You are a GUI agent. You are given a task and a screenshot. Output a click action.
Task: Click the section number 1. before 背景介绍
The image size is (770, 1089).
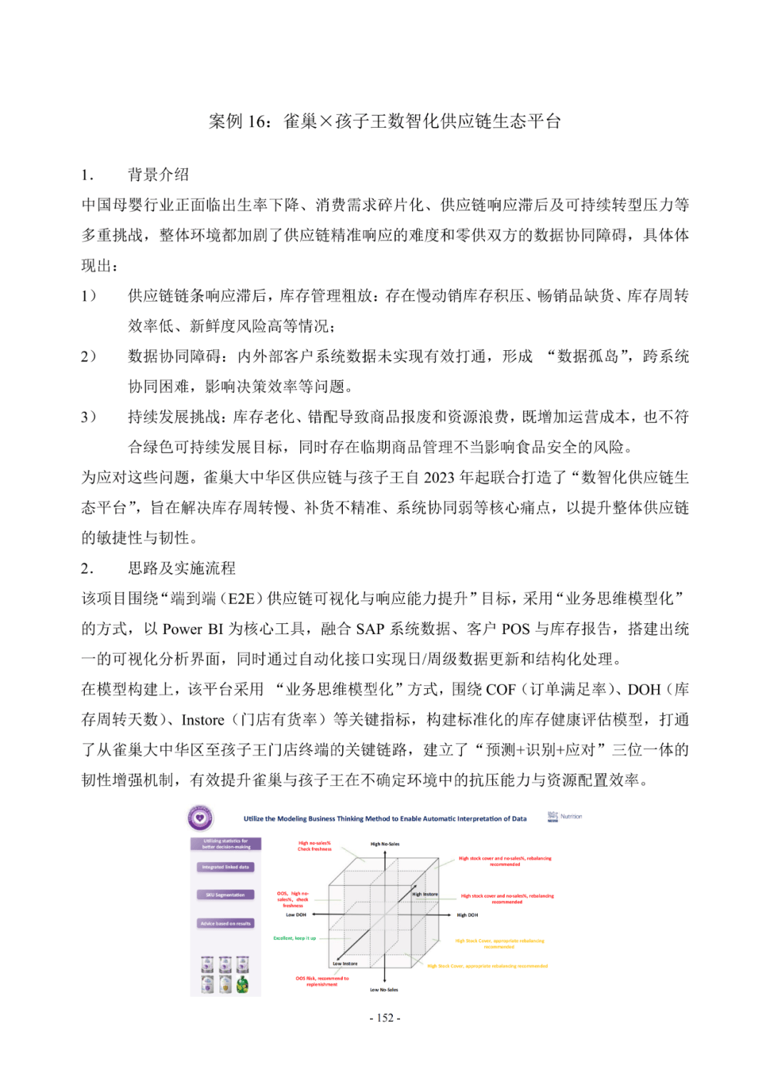pos(87,175)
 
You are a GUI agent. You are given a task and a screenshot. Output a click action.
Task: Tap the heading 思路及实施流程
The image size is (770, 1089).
pos(181,568)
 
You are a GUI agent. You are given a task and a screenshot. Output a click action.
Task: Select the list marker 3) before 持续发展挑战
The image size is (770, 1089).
pos(88,417)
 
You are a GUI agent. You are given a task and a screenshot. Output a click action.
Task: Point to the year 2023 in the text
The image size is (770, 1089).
pos(438,478)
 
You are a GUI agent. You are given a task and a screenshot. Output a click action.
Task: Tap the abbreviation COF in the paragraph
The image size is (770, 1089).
pos(500,690)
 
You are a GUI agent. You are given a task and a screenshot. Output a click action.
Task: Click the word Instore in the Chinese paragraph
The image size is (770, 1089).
pos(202,720)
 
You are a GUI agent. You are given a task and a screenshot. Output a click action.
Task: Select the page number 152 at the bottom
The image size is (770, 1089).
pos(385,1018)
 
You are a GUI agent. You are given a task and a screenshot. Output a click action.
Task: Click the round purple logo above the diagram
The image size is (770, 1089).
pos(200,818)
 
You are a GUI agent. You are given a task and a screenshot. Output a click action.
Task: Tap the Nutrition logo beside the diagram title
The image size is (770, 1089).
pos(565,817)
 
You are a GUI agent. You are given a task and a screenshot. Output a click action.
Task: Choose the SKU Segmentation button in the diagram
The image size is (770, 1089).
pos(225,895)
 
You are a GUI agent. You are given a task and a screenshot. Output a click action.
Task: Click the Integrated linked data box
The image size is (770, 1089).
pos(225,867)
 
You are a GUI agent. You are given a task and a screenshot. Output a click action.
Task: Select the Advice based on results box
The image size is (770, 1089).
pos(225,924)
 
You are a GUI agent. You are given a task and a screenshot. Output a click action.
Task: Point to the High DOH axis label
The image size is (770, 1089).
pos(467,915)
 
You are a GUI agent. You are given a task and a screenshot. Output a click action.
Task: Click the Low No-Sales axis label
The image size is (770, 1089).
pos(384,990)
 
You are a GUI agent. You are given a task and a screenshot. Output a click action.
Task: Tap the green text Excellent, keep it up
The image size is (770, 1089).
pos(294,939)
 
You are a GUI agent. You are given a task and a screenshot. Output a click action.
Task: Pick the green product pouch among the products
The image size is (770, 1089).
pos(242,985)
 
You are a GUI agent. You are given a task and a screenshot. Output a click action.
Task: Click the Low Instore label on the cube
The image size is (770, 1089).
pos(345,963)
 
